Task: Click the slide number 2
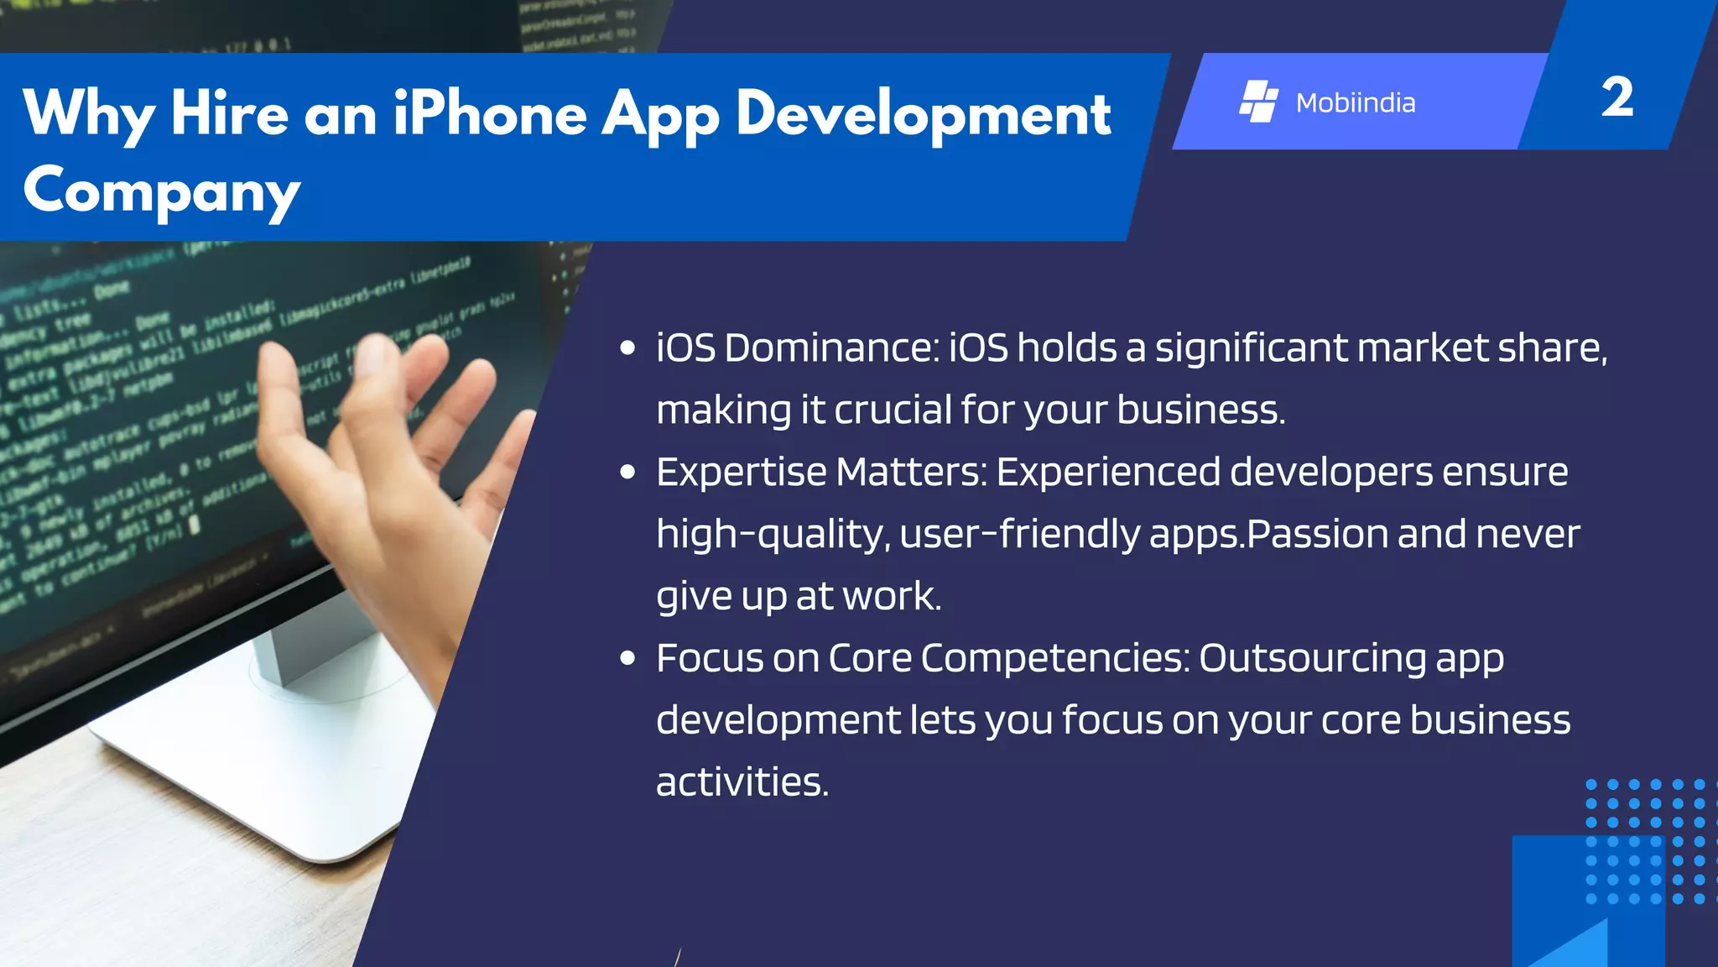click(1616, 97)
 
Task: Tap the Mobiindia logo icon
click(1258, 102)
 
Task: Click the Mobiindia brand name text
click(1356, 102)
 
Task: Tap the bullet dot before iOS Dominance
click(627, 348)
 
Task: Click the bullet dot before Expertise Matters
click(627, 473)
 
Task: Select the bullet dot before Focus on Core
click(627, 659)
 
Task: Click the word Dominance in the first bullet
click(831, 348)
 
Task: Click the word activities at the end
click(742, 782)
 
